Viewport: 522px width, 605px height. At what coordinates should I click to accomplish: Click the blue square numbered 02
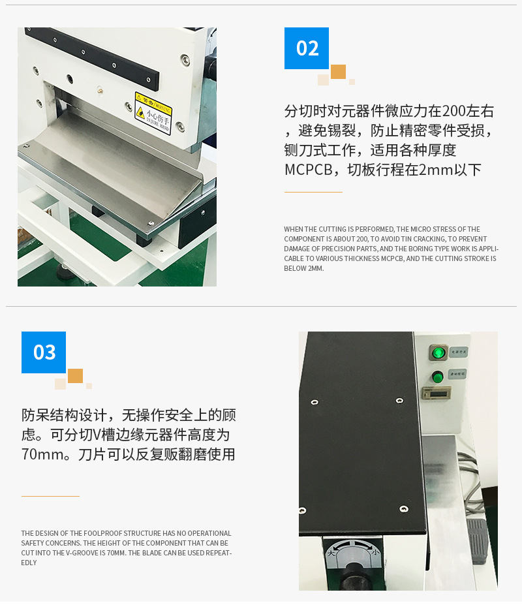coord(307,48)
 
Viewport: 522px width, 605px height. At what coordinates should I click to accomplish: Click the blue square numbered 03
coord(44,352)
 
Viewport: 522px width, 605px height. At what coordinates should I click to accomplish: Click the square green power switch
coord(438,353)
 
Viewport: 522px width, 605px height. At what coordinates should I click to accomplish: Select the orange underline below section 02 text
coord(313,192)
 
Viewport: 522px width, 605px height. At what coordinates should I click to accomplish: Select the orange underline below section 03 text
coord(50,496)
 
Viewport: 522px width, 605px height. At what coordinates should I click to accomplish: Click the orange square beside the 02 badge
coord(338,72)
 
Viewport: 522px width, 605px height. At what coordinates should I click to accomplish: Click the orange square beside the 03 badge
coord(75,376)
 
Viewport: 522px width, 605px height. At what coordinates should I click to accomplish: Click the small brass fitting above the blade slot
coord(100,90)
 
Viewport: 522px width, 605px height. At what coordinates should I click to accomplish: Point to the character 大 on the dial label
coord(333,551)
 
